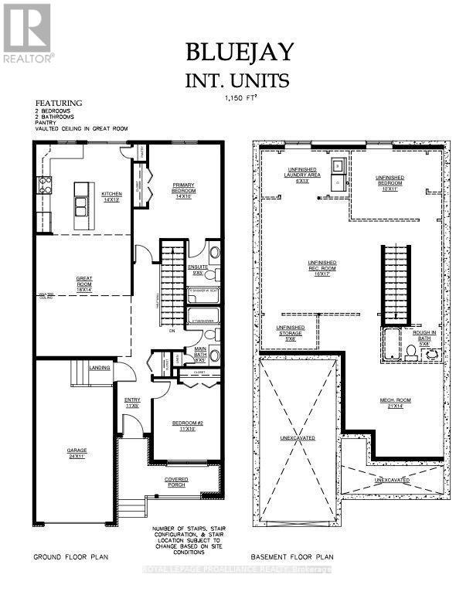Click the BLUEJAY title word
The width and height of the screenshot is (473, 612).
click(240, 52)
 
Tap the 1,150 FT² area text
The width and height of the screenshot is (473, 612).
click(240, 97)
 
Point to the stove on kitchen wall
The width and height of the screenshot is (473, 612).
click(45, 185)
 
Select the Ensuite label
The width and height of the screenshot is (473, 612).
click(197, 270)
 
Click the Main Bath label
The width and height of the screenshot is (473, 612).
click(200, 353)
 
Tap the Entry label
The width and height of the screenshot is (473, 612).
click(131, 402)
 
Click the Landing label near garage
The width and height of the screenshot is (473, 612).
click(100, 368)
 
